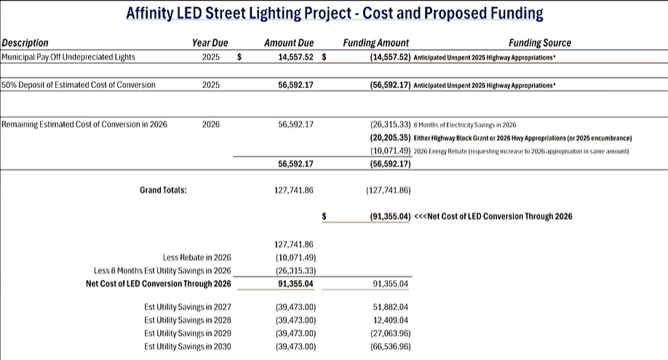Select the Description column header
coord(25,44)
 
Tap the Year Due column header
coord(210,44)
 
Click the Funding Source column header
coord(540,44)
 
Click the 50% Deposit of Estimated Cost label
coord(79,85)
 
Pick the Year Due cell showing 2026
coord(211,124)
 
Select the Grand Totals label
coord(163,191)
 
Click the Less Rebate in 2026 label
coord(197,257)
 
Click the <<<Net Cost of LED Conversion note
coord(493,217)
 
